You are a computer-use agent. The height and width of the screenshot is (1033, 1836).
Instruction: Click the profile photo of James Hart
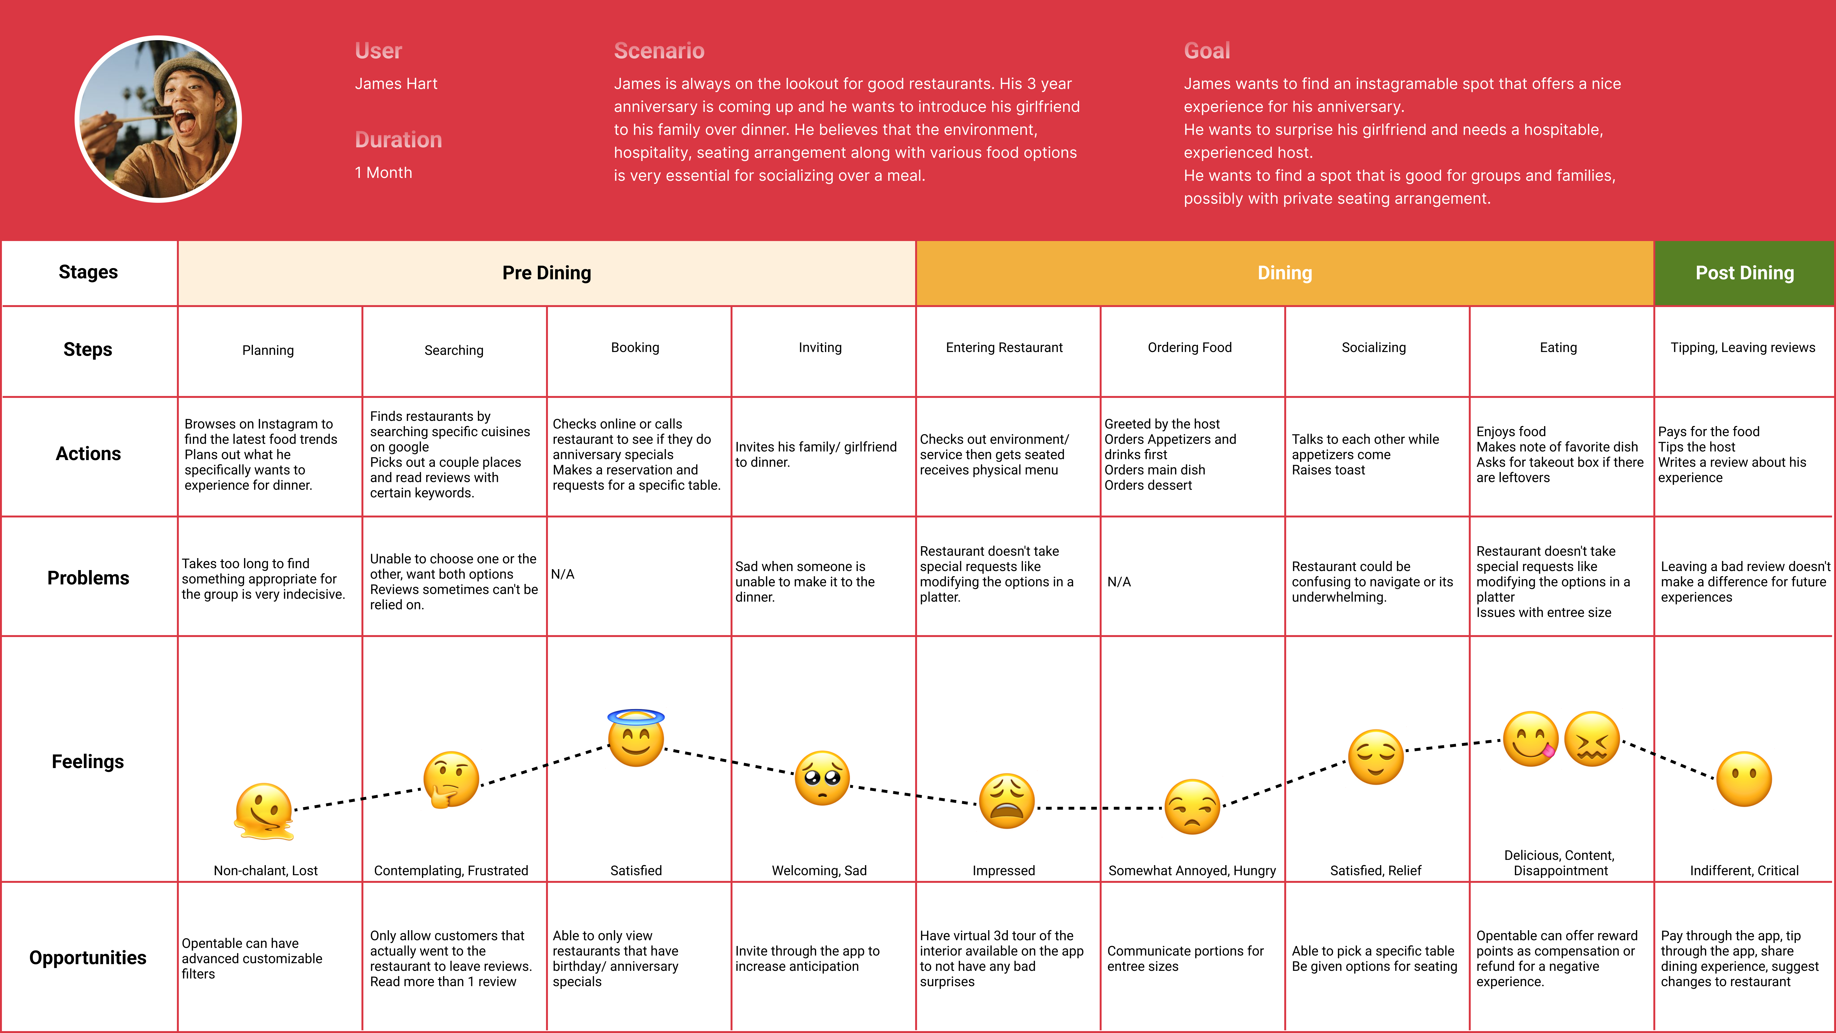pyautogui.click(x=158, y=119)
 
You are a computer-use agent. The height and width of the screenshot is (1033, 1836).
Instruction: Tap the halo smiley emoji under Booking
pyautogui.click(x=636, y=739)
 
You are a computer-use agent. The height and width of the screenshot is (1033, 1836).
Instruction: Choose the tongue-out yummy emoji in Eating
pyautogui.click(x=1530, y=739)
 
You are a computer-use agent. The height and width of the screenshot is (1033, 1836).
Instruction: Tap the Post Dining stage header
pyautogui.click(x=1744, y=273)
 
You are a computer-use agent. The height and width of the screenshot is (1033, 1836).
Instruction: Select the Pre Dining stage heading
pyautogui.click(x=547, y=273)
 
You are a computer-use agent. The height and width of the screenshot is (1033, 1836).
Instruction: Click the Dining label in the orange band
pyautogui.click(x=1284, y=273)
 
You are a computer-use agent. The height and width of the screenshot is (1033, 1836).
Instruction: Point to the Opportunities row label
pyautogui.click(x=88, y=957)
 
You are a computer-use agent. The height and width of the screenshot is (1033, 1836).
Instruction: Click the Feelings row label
pyautogui.click(x=88, y=761)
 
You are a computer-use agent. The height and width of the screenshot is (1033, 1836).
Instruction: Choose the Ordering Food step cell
pyautogui.click(x=1189, y=348)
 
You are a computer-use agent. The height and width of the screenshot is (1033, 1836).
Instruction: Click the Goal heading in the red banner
pyautogui.click(x=1207, y=51)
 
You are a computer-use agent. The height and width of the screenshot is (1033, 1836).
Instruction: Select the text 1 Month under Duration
pyautogui.click(x=383, y=172)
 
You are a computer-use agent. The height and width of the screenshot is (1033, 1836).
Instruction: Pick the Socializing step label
pyautogui.click(x=1373, y=348)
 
